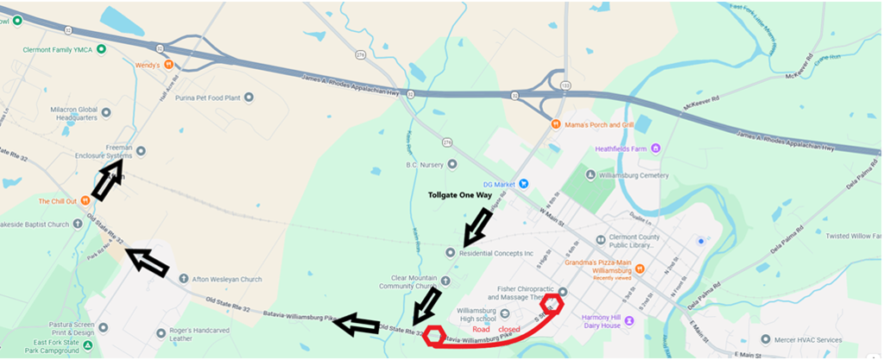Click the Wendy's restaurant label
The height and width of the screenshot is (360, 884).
pos(150,64)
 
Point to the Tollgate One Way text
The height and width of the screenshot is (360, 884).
pos(467,195)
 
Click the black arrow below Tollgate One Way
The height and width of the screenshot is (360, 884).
pos(477,227)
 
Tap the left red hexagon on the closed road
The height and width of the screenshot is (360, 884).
pos(435,335)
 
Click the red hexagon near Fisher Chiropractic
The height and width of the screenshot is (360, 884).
pos(551,304)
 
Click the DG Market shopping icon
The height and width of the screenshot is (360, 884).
pos(522,183)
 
